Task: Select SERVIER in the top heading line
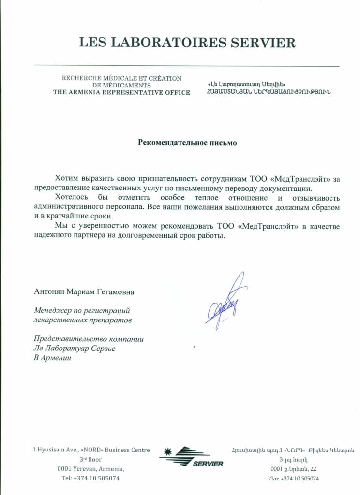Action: click(x=262, y=43)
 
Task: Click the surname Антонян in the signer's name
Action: click(x=49, y=292)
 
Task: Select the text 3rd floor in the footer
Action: click(x=91, y=459)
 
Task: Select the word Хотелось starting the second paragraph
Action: click(x=72, y=198)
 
